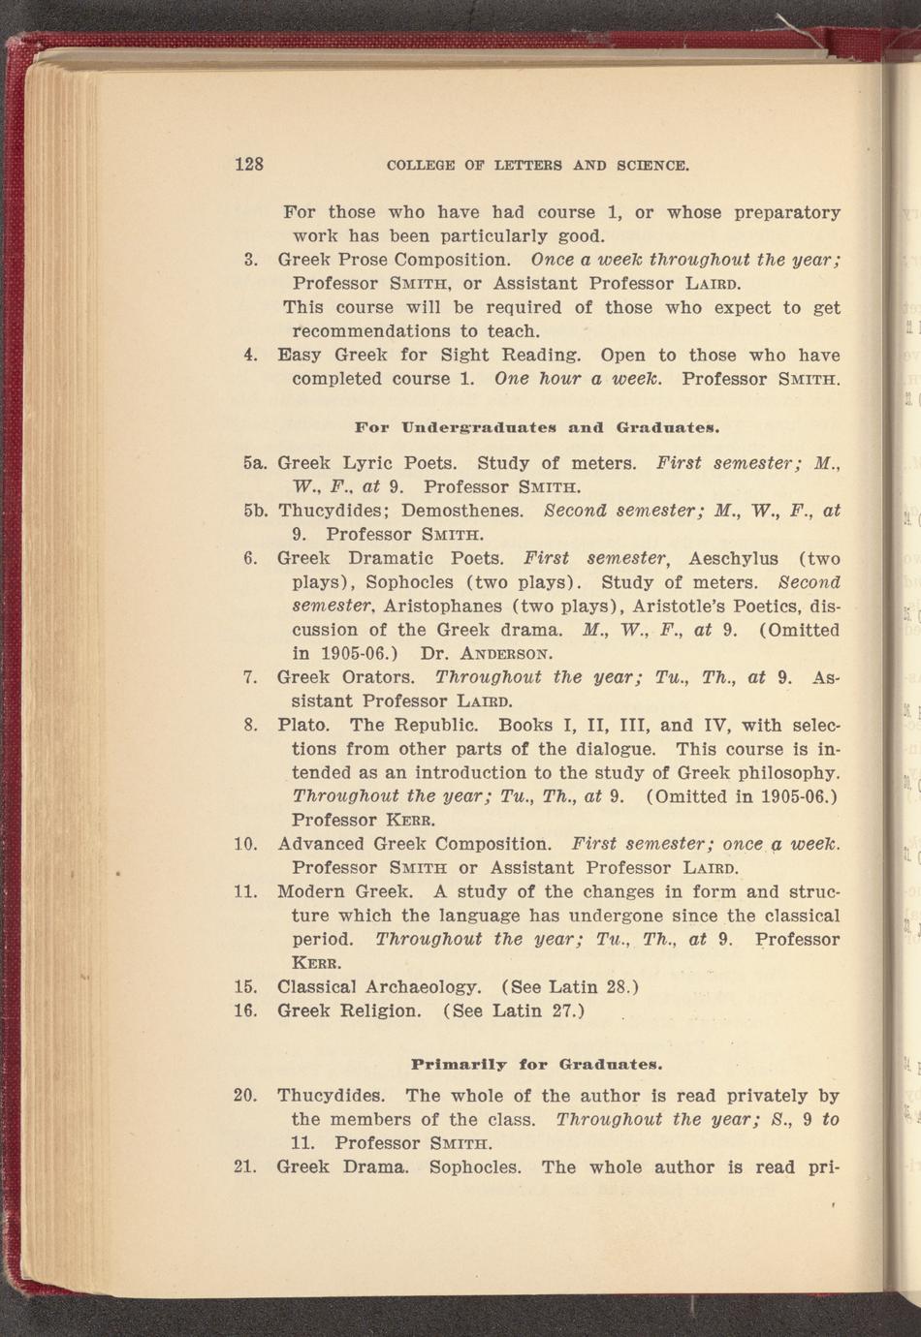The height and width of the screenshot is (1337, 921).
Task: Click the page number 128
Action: [x=249, y=164]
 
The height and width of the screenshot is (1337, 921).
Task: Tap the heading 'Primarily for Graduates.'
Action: [x=537, y=1064]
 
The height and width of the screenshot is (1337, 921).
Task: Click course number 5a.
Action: [x=255, y=463]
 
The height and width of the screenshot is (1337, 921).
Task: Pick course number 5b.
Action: [x=255, y=511]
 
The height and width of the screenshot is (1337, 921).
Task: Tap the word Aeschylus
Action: [x=733, y=558]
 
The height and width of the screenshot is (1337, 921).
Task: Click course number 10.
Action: [x=245, y=844]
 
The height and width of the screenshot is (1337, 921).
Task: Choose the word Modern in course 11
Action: [x=310, y=891]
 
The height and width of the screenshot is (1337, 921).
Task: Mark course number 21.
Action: [x=245, y=1166]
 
